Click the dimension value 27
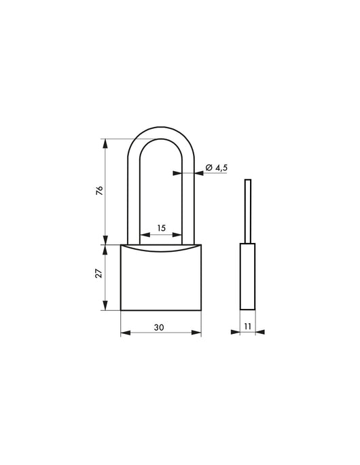[99, 274]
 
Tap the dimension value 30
[160, 327]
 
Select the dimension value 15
[161, 228]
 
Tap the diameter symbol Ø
[209, 167]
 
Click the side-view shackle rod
[247, 210]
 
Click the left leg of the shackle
[133, 197]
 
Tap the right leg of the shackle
[189, 197]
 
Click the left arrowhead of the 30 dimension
[124, 333]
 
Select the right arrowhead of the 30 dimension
[198, 333]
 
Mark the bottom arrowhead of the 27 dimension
[106, 307]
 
